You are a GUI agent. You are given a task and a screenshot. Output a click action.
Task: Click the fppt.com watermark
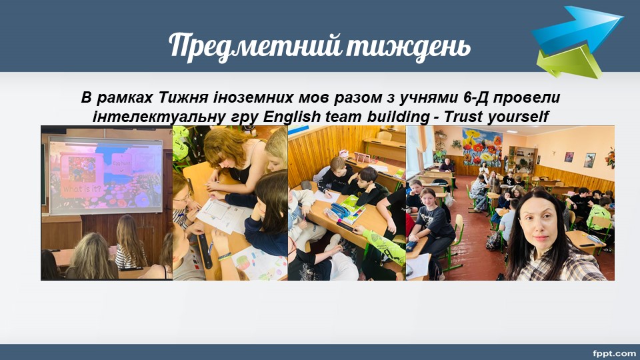[x=614, y=353]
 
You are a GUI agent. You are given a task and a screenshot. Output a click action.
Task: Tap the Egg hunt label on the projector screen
[x=121, y=163]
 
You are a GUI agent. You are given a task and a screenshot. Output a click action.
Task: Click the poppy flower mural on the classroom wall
[x=482, y=147]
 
